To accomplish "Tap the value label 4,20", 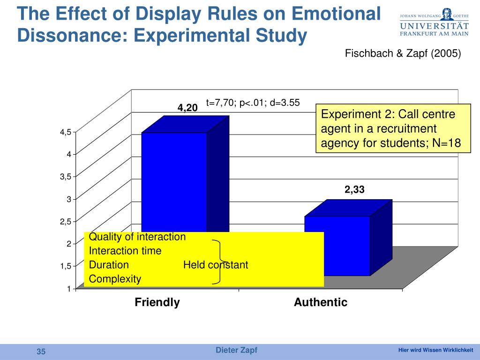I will (x=187, y=108).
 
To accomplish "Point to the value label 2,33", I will (x=354, y=190).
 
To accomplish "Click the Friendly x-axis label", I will (x=157, y=302).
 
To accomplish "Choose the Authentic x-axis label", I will (x=321, y=302).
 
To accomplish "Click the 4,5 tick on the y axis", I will (x=65, y=132).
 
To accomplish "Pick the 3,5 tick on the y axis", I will (x=65, y=177).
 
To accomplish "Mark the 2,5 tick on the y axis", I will (x=65, y=221).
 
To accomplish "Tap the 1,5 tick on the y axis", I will (x=65, y=266).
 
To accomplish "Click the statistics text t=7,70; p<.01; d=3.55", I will (x=253, y=103).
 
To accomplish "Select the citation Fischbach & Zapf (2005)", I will (x=403, y=54).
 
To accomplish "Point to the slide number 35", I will (x=41, y=352).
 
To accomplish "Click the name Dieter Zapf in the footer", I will (x=236, y=351).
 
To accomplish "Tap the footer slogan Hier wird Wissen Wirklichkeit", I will (x=435, y=351).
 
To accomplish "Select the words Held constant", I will (x=216, y=265).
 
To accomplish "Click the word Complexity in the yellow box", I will (x=115, y=279).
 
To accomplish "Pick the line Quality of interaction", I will (x=137, y=237).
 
